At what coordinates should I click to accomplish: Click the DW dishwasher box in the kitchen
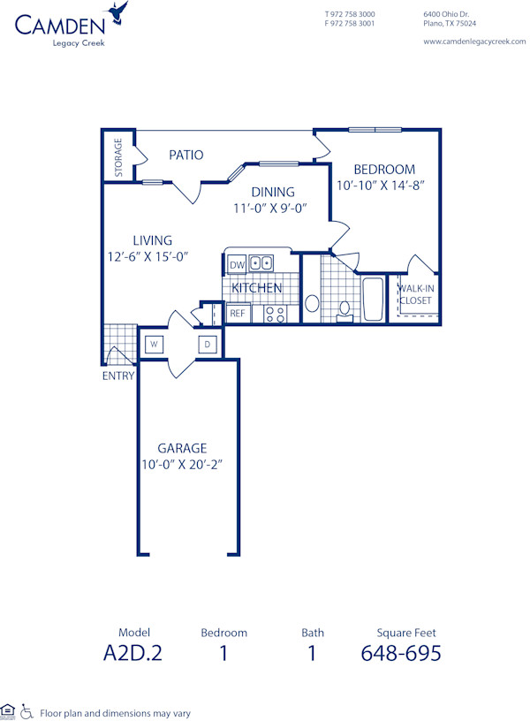[237, 264]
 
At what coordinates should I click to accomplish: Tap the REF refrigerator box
[237, 313]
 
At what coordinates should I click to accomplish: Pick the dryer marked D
[208, 344]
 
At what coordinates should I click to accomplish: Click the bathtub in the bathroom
[372, 299]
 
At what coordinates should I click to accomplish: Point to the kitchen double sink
[261, 263]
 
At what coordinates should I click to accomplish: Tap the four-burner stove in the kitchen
[275, 313]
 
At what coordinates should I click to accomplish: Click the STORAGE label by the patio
[118, 157]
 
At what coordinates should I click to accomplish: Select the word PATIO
[186, 156]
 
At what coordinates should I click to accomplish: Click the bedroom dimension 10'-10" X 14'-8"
[382, 186]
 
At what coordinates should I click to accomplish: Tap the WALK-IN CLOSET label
[415, 294]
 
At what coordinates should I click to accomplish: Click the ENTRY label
[117, 376]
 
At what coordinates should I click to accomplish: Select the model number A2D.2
[134, 654]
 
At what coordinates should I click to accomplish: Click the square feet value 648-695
[401, 654]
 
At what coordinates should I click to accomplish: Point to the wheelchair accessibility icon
[26, 711]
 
